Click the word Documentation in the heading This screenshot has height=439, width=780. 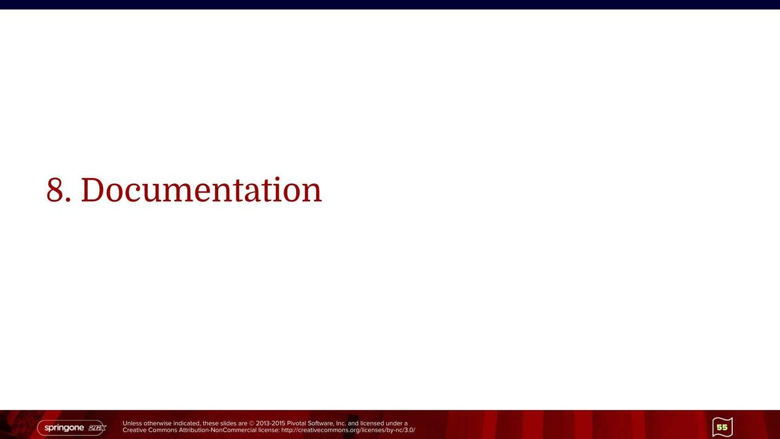point(201,190)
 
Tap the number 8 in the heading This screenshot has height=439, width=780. point(55,190)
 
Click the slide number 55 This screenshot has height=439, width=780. point(722,427)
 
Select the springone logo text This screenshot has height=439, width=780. point(64,428)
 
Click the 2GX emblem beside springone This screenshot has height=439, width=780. point(97,428)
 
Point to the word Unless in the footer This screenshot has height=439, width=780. point(132,423)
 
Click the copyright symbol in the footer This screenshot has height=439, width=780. point(251,424)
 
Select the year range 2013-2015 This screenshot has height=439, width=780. point(271,423)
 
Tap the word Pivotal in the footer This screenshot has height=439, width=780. point(296,423)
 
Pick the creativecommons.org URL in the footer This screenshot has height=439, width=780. point(348,431)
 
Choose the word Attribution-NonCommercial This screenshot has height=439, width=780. point(217,431)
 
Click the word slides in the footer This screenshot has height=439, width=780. point(228,423)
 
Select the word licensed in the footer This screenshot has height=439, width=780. point(372,423)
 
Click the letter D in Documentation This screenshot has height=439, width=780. point(92,190)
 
